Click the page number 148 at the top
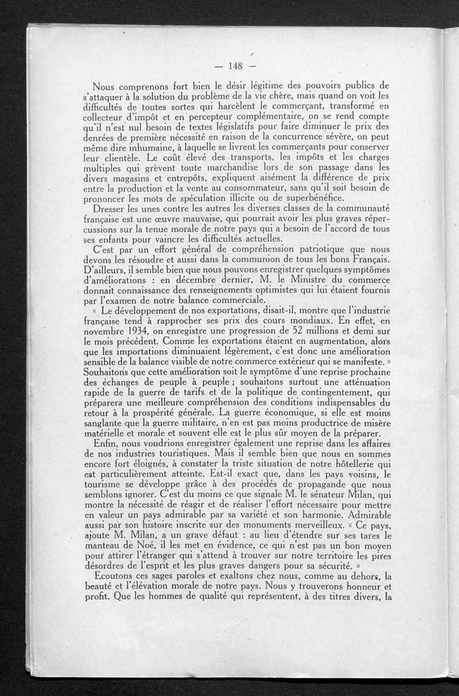(236, 64)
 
